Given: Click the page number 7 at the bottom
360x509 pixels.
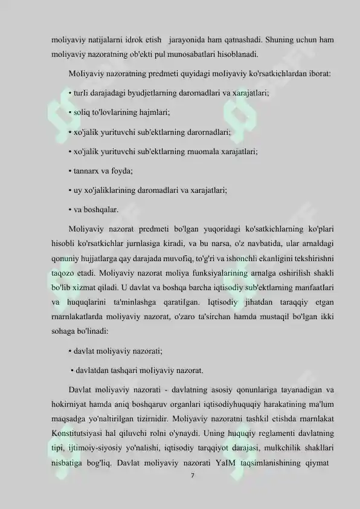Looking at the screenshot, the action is coord(191,477).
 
